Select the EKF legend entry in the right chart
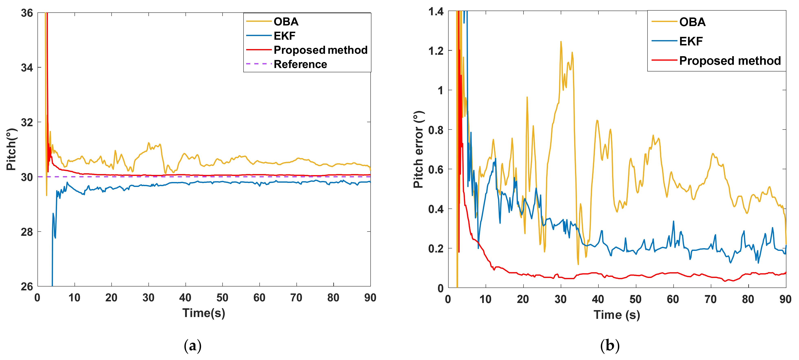(x=690, y=41)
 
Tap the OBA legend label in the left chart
(x=286, y=22)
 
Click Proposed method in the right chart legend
(x=730, y=61)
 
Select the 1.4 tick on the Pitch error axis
(x=436, y=12)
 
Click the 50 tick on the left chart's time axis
(x=222, y=298)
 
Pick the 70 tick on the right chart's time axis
(x=710, y=299)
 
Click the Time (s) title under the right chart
(x=617, y=315)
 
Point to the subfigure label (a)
(x=193, y=345)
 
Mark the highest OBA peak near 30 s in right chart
(x=561, y=42)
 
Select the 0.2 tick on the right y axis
(x=436, y=249)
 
